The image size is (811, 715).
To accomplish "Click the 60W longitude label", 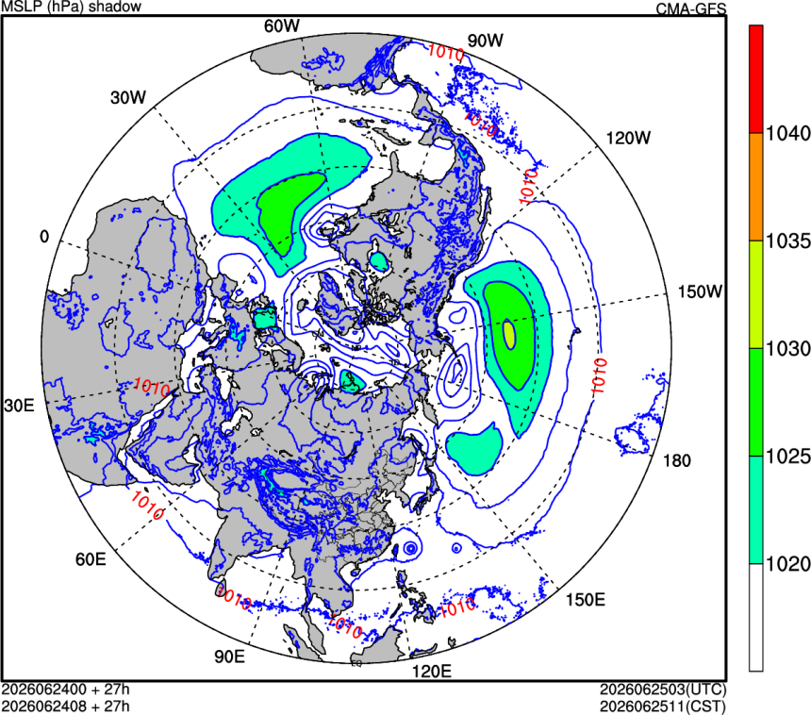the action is [281, 25].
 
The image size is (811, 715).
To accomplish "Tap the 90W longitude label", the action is [485, 41].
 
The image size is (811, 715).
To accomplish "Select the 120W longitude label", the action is [628, 138].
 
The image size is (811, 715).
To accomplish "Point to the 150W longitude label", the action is [700, 291].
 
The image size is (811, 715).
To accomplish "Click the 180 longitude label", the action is [676, 460].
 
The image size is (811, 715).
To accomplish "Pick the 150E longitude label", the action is [585, 600].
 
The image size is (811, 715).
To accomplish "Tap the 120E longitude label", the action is [431, 672].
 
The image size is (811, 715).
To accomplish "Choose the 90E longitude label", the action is [230, 656].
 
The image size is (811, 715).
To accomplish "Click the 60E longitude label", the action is [91, 559].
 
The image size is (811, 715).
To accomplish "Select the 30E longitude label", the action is [19, 406].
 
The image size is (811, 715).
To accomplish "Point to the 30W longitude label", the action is [128, 97].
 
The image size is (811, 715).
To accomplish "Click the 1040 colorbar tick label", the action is [787, 134].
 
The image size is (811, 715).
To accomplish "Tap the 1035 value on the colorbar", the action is [787, 241].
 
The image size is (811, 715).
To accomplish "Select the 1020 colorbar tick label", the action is [787, 564].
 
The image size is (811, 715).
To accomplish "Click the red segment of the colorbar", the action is [755, 78].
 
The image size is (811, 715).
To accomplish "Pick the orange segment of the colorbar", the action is [755, 187].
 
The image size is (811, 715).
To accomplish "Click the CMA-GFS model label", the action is [691, 8].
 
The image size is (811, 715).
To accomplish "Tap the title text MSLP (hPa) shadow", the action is [71, 7].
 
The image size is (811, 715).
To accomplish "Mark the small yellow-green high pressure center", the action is [509, 334].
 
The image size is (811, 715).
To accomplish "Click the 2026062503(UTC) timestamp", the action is [663, 690].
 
